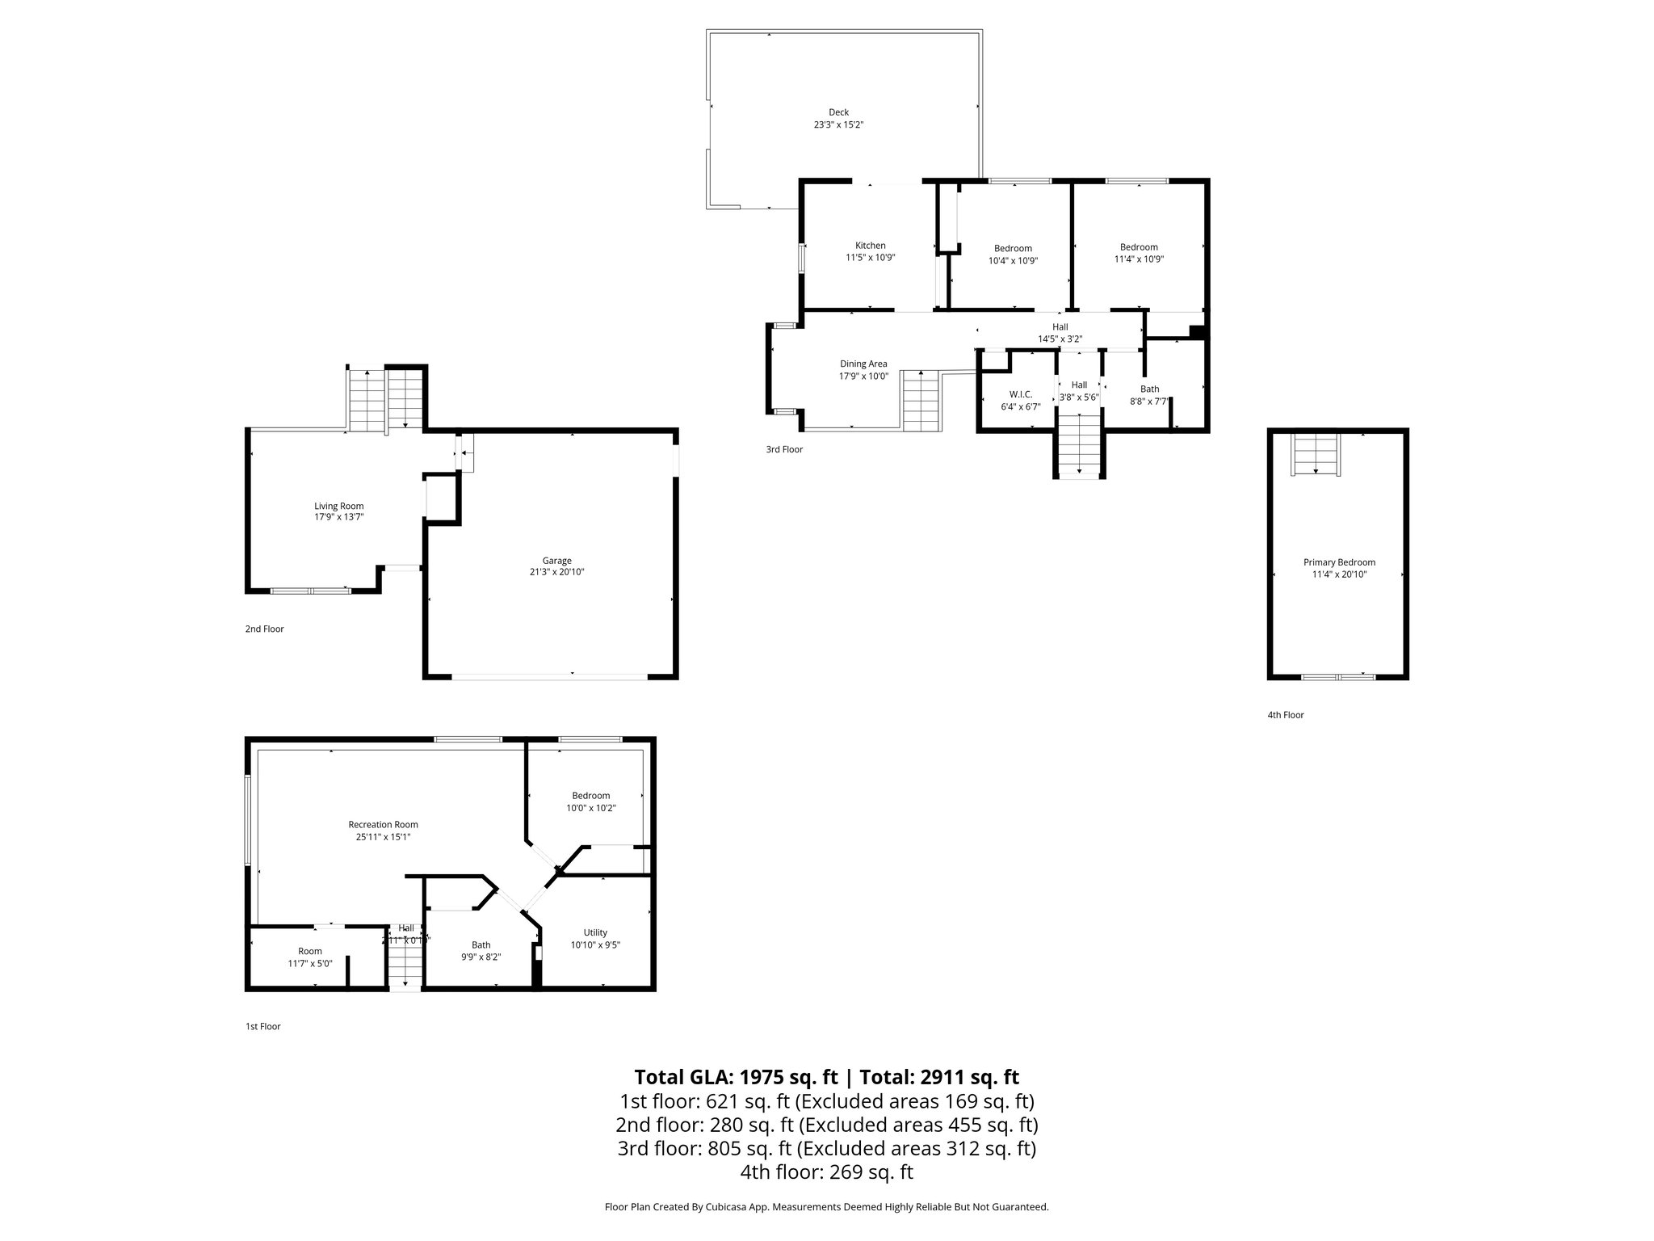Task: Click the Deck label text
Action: tap(838, 112)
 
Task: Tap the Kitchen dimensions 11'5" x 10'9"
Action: tap(870, 258)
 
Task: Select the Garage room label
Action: tap(556, 561)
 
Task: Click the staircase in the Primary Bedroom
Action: tap(1316, 455)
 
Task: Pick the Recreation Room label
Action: tap(383, 824)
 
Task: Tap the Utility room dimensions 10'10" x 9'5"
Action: tap(595, 944)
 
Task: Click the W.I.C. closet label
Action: tap(1020, 394)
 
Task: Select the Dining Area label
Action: tap(863, 364)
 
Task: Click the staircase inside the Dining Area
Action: tap(921, 401)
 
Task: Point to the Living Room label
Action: tap(338, 506)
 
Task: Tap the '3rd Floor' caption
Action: tap(784, 449)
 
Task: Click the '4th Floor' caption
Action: tap(1285, 714)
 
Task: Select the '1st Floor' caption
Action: tap(262, 1026)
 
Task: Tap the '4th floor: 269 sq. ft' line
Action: tap(826, 1172)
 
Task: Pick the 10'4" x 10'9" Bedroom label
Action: tap(1012, 248)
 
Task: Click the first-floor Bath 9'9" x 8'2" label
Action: tap(481, 944)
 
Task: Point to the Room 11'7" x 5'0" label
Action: tap(309, 951)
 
